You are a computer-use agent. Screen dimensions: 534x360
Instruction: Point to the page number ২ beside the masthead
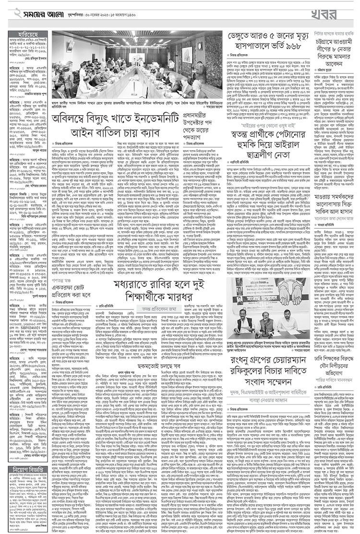coord(6,11)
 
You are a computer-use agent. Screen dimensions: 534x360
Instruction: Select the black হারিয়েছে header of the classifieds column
coord(28,34)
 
